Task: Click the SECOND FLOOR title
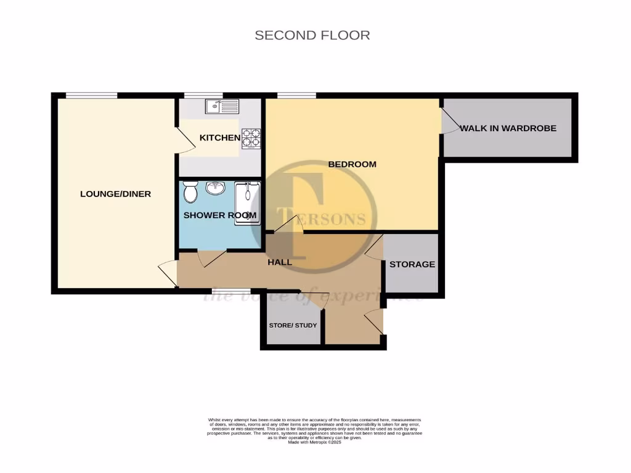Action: point(312,35)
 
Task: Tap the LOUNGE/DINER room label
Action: point(115,194)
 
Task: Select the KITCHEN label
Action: point(219,137)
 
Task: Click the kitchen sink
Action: point(222,106)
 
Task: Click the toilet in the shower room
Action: point(190,193)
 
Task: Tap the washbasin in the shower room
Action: point(215,188)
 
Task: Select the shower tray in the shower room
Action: point(247,203)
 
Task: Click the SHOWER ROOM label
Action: point(220,215)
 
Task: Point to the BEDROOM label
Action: point(352,164)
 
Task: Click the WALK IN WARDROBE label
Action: point(508,128)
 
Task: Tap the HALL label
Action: point(279,262)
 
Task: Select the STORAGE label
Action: point(412,264)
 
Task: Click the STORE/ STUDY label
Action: point(293,325)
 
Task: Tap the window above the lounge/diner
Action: point(91,95)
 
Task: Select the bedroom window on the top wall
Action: point(296,95)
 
